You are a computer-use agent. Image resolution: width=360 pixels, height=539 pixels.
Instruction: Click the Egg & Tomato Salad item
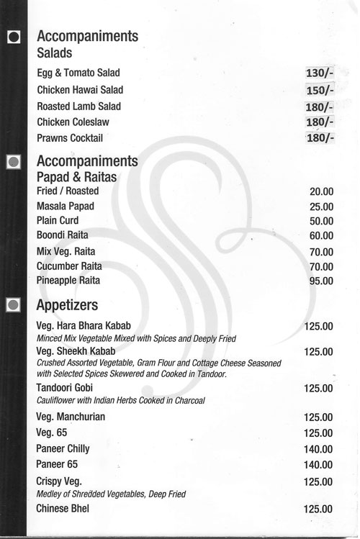coord(78,73)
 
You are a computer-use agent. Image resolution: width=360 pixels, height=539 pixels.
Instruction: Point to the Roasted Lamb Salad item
coord(78,107)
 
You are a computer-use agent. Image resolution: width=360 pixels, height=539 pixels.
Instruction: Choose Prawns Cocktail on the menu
coord(70,137)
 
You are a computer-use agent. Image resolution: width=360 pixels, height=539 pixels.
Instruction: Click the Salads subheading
coord(54,53)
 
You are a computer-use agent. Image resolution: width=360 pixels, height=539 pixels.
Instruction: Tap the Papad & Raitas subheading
coord(76,176)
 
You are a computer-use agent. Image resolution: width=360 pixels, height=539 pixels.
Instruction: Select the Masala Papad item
coord(66,207)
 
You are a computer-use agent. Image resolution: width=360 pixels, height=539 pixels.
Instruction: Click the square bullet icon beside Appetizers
coord(12,305)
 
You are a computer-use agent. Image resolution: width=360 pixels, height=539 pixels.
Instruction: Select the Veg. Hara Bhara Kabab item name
coord(83,326)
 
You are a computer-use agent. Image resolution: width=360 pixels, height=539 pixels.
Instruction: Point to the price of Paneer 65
coord(318,465)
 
